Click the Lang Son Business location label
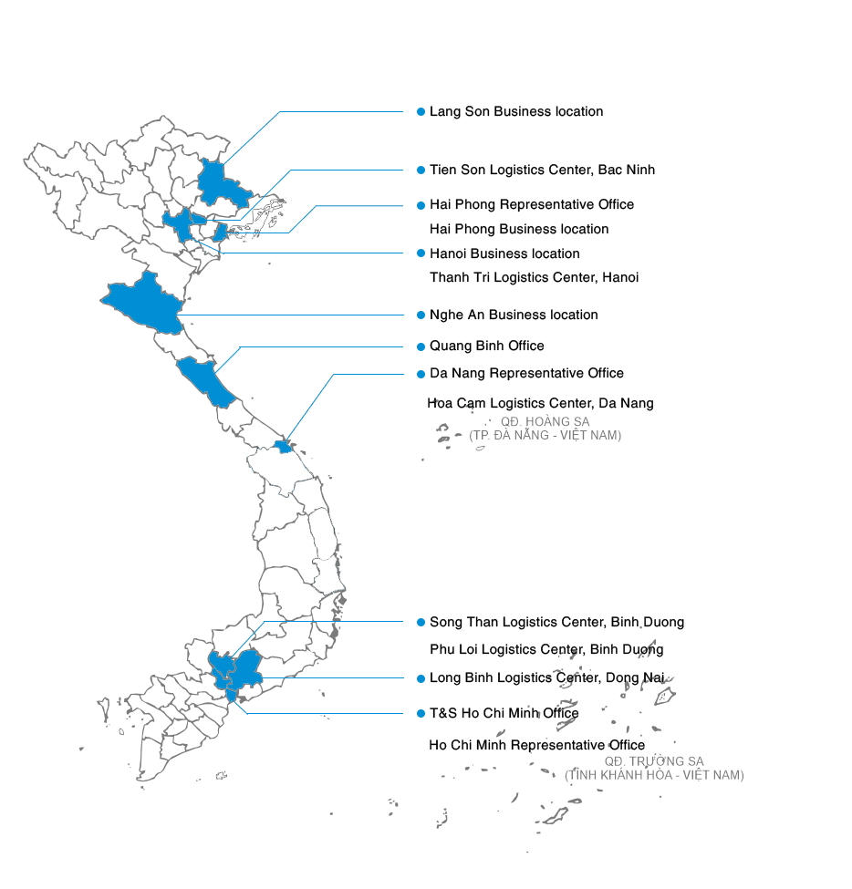515,111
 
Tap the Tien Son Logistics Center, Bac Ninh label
542,170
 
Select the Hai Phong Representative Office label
531,204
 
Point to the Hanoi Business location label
504,253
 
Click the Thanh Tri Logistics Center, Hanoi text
534,277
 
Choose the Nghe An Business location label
514,315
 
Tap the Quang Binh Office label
486,346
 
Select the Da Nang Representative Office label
526,373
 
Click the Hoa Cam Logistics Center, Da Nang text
540,403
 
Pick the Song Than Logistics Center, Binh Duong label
556,622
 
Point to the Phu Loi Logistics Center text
546,650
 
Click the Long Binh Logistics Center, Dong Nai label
546,677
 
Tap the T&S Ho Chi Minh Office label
504,712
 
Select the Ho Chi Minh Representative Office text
536,745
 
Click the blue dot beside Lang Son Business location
421,111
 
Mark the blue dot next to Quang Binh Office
421,346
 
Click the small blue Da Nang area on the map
284,446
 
